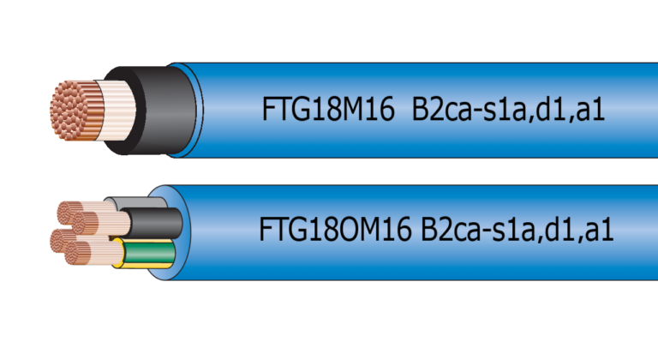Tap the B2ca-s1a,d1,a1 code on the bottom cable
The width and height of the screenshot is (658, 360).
click(517, 231)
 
